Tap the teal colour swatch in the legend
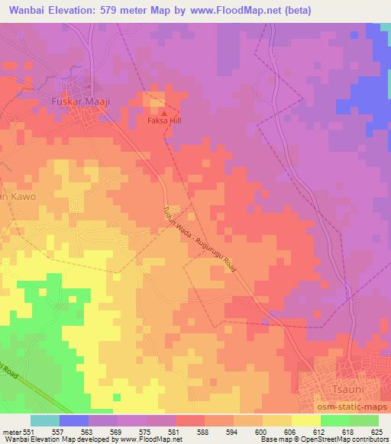pyautogui.click(x=44, y=420)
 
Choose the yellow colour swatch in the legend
pyautogui.click(x=305, y=420)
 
